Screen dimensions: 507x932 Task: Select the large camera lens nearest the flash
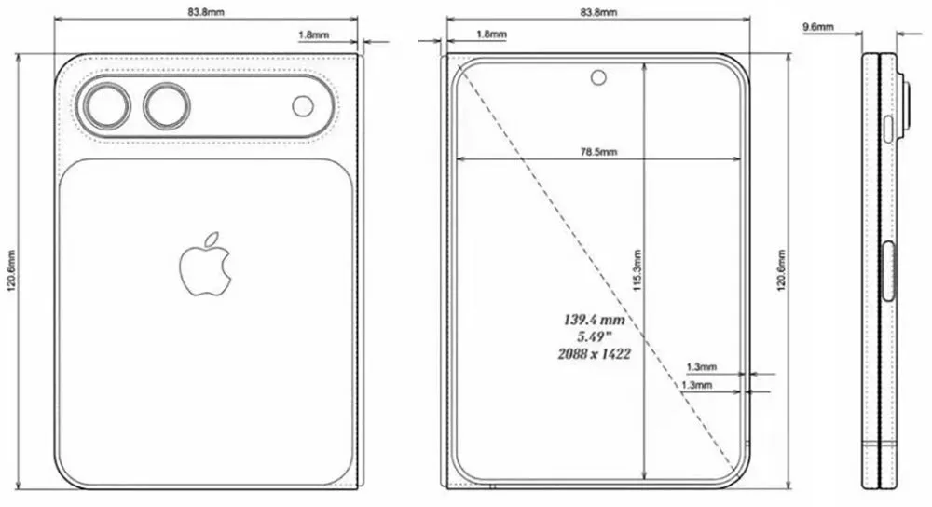[x=165, y=106]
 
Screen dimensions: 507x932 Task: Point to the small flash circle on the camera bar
[x=303, y=106]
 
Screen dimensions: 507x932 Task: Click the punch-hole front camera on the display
[x=597, y=77]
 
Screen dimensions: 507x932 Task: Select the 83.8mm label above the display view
[x=597, y=13]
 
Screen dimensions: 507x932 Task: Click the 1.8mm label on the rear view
[x=310, y=34]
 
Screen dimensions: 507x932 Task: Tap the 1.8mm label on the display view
[x=491, y=34]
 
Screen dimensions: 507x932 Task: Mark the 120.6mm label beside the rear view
[x=10, y=271]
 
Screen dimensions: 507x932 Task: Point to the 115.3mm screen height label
[x=637, y=271]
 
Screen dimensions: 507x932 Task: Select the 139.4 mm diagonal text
[x=593, y=319]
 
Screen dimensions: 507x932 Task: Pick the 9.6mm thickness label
[x=818, y=28]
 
